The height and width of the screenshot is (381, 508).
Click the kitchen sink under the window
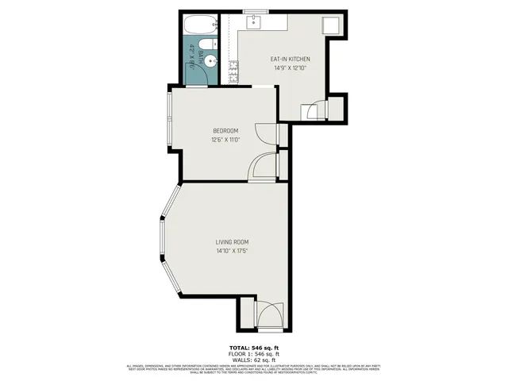point(254,22)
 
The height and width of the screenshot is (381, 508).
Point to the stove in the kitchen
point(234,73)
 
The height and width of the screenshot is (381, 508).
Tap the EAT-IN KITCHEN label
point(290,60)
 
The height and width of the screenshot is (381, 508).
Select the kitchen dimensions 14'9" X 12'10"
point(290,68)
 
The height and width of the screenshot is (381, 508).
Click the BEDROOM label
point(225,131)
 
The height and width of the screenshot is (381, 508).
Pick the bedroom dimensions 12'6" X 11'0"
point(225,140)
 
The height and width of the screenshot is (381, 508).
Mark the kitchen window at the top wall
point(254,10)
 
